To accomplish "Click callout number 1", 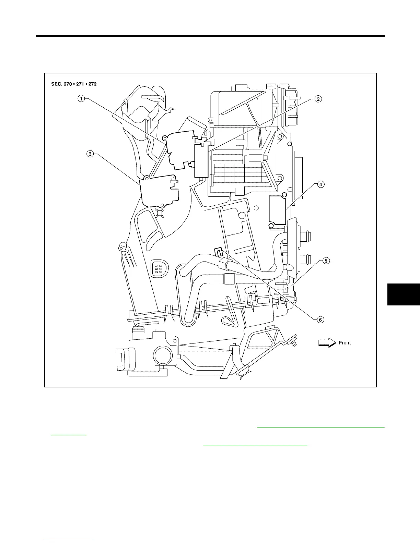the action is [x=81, y=99].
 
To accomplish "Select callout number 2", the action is [x=318, y=99].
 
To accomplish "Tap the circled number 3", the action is [x=90, y=154].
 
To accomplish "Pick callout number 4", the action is [x=320, y=184].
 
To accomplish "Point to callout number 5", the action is [x=326, y=261].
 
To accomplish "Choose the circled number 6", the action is [x=320, y=319].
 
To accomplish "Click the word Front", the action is [x=345, y=343].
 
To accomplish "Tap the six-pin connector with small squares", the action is [x=157, y=267].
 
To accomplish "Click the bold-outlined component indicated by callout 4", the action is [x=277, y=210].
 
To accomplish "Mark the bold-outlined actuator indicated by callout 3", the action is [x=160, y=192].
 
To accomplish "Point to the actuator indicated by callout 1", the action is [x=179, y=149].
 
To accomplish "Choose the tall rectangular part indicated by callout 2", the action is [x=201, y=160].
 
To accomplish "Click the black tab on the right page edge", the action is [x=404, y=294].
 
